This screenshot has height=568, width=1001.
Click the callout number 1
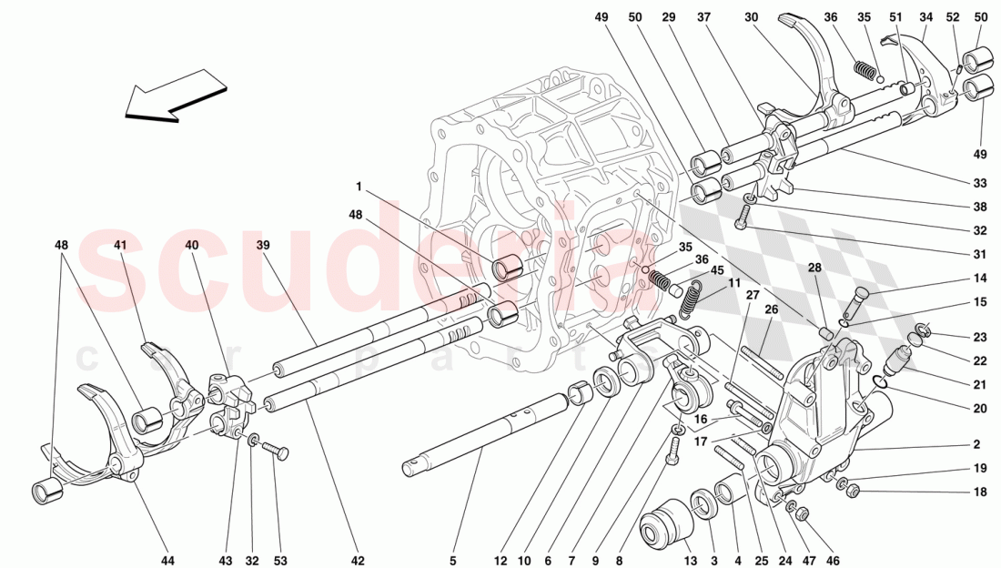pos(359,187)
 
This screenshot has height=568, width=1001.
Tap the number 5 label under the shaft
pos(452,560)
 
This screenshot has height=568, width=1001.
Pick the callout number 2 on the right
pos(976,445)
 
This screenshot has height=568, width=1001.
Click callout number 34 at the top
pos(926,17)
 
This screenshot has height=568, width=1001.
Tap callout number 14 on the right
pos(979,279)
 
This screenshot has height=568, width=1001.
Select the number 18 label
pos(979,492)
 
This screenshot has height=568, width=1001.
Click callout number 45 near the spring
pos(717,269)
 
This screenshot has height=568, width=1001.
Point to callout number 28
pos(814,268)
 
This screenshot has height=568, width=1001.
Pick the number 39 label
pos(263,246)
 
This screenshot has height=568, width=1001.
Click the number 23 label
pos(979,336)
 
